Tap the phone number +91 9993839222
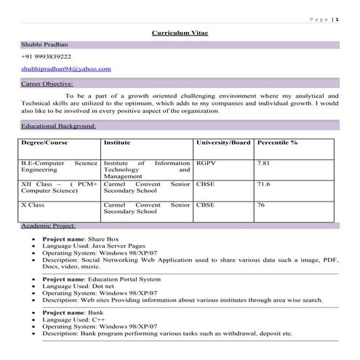click(x=46, y=57)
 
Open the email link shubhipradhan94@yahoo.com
click(x=65, y=68)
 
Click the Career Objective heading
click(x=47, y=84)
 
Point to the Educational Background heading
click(x=58, y=126)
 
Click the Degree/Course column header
click(x=45, y=143)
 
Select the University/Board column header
click(x=223, y=143)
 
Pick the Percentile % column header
click(x=277, y=143)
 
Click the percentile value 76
click(x=261, y=205)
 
